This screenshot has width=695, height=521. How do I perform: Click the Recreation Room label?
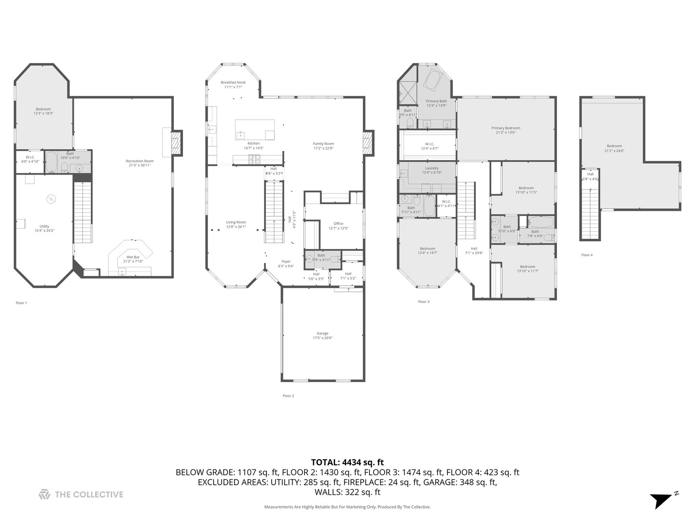tap(139, 161)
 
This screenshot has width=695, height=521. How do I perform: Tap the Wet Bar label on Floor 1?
tap(133, 257)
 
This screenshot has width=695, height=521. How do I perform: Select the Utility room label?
tap(44, 226)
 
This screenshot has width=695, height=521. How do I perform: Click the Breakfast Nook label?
tap(233, 82)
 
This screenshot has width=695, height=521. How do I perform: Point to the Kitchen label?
tap(253, 143)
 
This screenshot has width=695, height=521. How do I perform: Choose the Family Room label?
tap(323, 144)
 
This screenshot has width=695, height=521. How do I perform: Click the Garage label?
tap(322, 333)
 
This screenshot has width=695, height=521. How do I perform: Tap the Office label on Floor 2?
tap(338, 223)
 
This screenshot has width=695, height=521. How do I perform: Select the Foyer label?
tap(286, 261)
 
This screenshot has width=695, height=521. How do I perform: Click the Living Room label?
tap(236, 222)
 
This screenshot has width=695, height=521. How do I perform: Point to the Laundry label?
tap(431, 168)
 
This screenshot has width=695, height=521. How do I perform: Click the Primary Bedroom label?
tap(506, 128)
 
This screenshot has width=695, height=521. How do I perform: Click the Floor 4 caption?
tap(586, 255)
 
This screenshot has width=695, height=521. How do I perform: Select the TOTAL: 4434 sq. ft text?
tap(347, 463)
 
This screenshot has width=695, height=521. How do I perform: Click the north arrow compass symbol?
tap(662, 500)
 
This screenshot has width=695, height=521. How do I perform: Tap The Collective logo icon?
tap(44, 494)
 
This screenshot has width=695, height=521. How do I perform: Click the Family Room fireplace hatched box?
tap(369, 144)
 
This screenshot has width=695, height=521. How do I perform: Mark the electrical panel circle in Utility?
tap(51, 198)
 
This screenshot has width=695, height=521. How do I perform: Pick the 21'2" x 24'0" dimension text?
tap(614, 150)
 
